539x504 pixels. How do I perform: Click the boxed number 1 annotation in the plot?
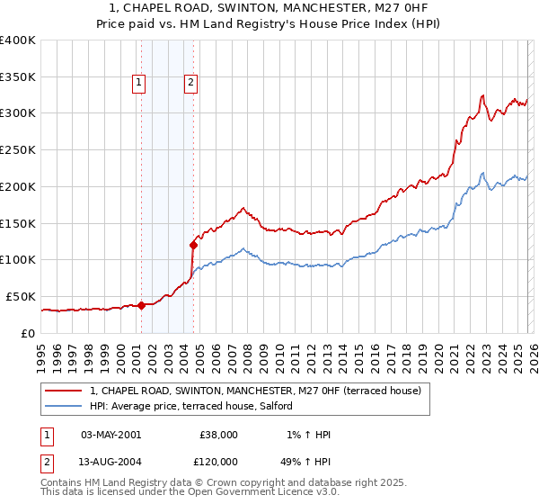point(140,84)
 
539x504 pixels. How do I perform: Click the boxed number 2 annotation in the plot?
point(192,84)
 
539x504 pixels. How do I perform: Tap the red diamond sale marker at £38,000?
point(141,305)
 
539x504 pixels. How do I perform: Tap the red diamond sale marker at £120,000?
point(193,244)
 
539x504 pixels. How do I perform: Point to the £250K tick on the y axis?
point(18,150)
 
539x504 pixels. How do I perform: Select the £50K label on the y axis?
point(21,296)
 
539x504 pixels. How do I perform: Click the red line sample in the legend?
point(65,391)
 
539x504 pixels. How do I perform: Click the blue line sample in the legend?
point(65,406)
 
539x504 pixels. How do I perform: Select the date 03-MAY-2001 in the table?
point(110,435)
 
